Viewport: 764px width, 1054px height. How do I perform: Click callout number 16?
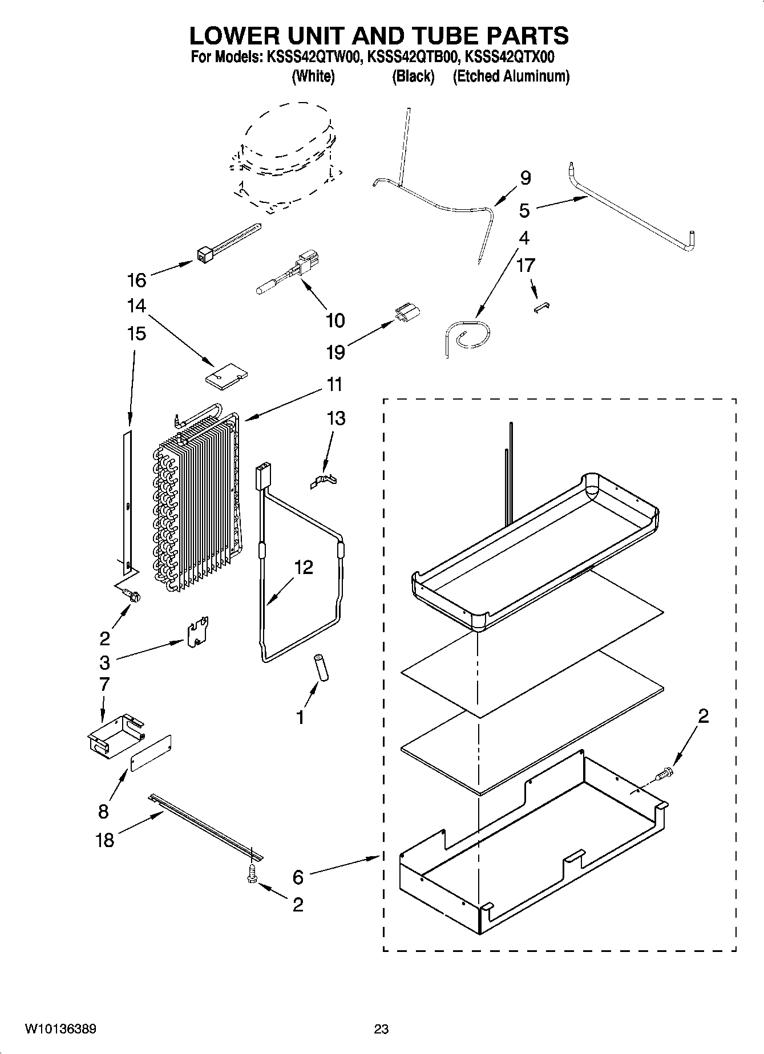tap(137, 280)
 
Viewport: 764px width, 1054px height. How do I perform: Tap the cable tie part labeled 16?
tap(228, 243)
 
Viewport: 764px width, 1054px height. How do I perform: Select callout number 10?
tap(335, 320)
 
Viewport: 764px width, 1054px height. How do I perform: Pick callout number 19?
tap(335, 352)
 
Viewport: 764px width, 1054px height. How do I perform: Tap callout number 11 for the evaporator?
tap(335, 385)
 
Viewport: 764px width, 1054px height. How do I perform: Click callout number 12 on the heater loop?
tap(304, 567)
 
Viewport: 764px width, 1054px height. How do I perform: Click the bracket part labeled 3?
tap(197, 632)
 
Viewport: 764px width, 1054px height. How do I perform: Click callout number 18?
tap(105, 839)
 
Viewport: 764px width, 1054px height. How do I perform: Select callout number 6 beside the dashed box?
tap(298, 877)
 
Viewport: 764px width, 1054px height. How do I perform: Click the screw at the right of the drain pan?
tap(664, 775)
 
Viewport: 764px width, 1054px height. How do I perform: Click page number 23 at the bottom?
tap(381, 1029)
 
